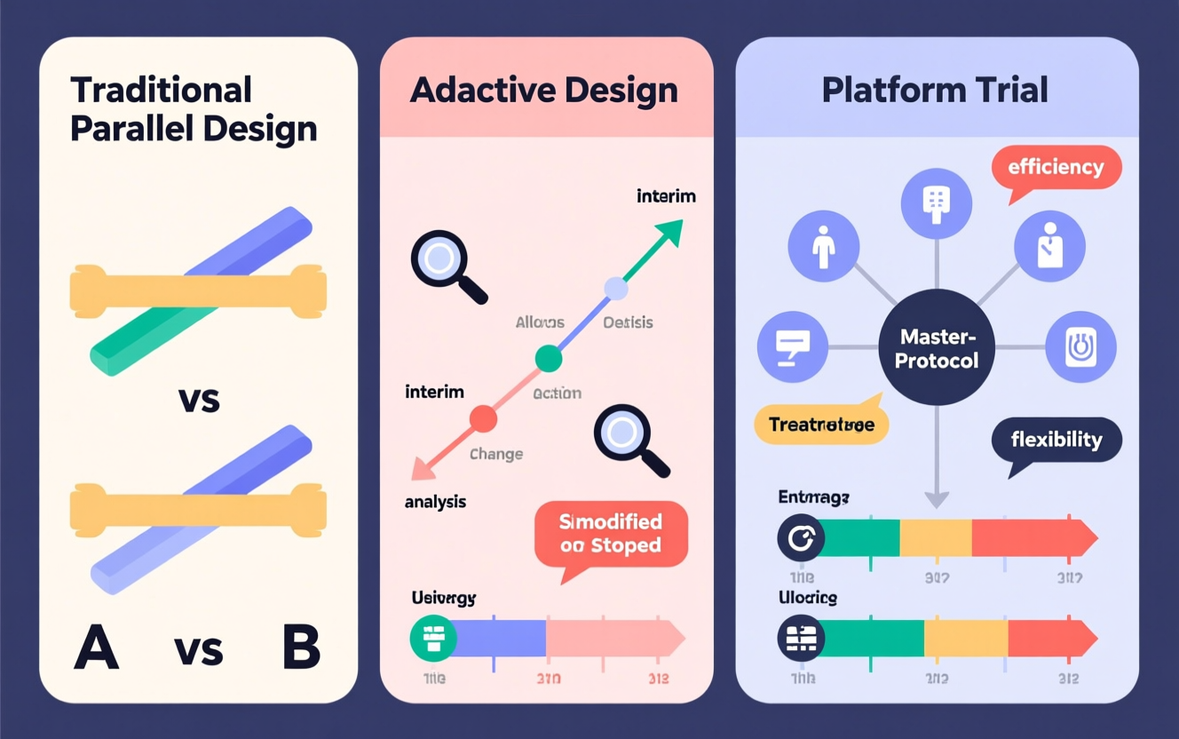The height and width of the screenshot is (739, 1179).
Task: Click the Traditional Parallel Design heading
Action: click(193, 109)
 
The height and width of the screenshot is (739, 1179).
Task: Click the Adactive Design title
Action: click(544, 90)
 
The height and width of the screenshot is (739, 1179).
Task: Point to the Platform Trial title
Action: click(935, 90)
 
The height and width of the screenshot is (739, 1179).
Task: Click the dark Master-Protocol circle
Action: click(937, 348)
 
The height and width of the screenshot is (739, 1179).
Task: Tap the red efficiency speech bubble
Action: click(1056, 168)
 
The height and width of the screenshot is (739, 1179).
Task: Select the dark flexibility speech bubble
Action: click(1056, 441)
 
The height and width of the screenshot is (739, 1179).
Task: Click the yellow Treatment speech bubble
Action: click(821, 425)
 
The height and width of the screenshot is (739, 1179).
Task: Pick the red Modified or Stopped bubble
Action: click(611, 534)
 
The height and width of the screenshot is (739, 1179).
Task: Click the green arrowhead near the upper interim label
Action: click(668, 234)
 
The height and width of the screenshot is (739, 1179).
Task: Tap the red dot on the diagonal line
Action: click(483, 418)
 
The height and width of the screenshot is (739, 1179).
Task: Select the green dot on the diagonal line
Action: click(549, 359)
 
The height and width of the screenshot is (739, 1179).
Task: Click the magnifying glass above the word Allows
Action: click(441, 260)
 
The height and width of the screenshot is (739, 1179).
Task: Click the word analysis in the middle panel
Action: click(435, 502)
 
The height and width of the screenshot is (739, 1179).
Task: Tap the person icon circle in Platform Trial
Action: click(824, 246)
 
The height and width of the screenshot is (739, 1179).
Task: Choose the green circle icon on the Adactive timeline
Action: click(433, 638)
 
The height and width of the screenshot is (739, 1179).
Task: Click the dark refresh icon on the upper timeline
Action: click(801, 538)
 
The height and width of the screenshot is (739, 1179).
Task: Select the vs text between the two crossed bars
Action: click(199, 401)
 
